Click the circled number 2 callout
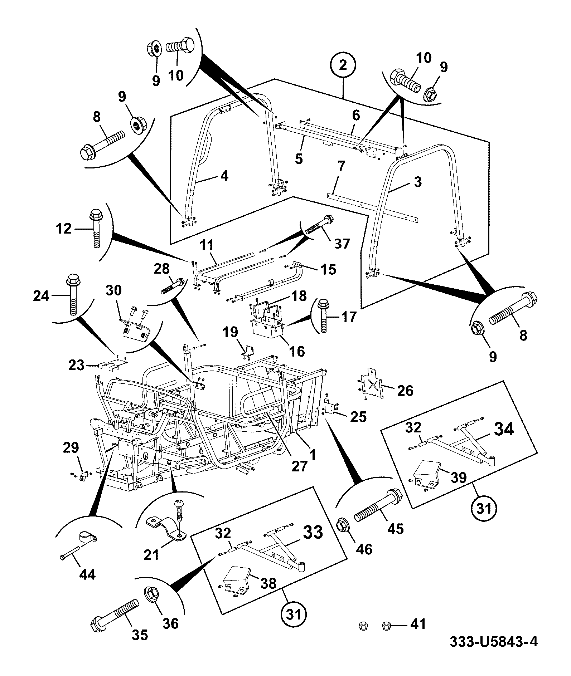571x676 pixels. tap(343, 65)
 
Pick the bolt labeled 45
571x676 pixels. tap(378, 505)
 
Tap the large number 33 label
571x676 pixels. tap(313, 532)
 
